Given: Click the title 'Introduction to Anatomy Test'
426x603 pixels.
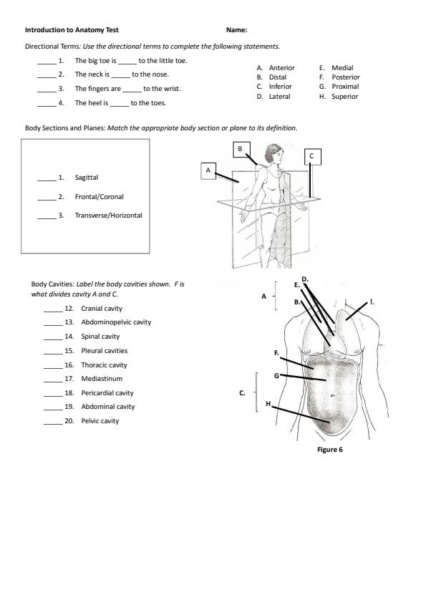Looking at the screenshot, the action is [x=72, y=30].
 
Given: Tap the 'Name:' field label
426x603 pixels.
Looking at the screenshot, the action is [x=236, y=30].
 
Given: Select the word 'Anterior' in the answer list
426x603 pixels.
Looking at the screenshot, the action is [x=282, y=68].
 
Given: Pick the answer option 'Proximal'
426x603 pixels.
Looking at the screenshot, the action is [x=345, y=87].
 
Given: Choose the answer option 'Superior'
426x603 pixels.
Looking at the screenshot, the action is [x=345, y=97].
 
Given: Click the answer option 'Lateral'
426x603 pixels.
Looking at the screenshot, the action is [x=279, y=97].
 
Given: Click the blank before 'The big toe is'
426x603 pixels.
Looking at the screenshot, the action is [x=47, y=64].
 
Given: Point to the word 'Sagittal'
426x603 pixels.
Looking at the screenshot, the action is [x=87, y=178].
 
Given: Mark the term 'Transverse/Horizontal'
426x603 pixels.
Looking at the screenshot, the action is [x=108, y=216].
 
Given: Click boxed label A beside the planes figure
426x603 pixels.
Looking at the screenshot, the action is [x=208, y=170].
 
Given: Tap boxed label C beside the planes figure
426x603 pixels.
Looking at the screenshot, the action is [x=312, y=156].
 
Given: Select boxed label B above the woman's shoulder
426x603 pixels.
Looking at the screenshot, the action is [x=241, y=149].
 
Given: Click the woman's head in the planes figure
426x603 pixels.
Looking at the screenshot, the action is [x=273, y=153].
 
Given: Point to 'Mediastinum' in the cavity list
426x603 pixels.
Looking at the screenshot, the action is [x=102, y=379].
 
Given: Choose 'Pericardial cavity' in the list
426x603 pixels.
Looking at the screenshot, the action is [x=107, y=393].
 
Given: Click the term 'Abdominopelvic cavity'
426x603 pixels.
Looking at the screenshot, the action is [x=116, y=322].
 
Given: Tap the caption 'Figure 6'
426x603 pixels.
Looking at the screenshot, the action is [x=330, y=450].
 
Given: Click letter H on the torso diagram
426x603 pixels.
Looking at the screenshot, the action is [x=268, y=403].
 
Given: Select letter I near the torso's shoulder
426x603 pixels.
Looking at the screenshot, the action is [x=372, y=302].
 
